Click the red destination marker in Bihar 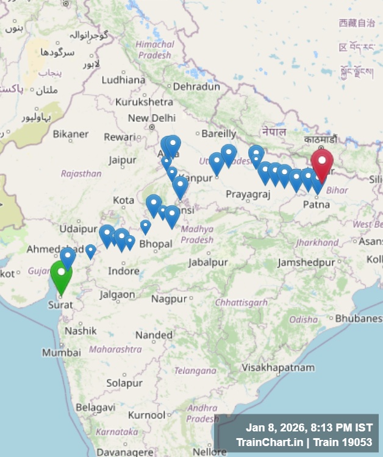(322, 163)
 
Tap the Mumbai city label (61, 353)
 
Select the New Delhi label (151, 118)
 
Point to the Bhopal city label (156, 244)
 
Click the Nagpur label (169, 299)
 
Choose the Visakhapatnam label (278, 367)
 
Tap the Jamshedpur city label (306, 263)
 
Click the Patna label (317, 205)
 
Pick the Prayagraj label (248, 194)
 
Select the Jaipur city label (123, 160)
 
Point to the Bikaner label (70, 134)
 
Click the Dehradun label (196, 87)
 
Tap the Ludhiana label (123, 80)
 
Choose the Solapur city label (124, 383)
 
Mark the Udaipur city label (79, 229)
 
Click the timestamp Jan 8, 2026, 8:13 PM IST (309, 428)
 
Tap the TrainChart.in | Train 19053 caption (304, 442)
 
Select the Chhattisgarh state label (242, 303)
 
